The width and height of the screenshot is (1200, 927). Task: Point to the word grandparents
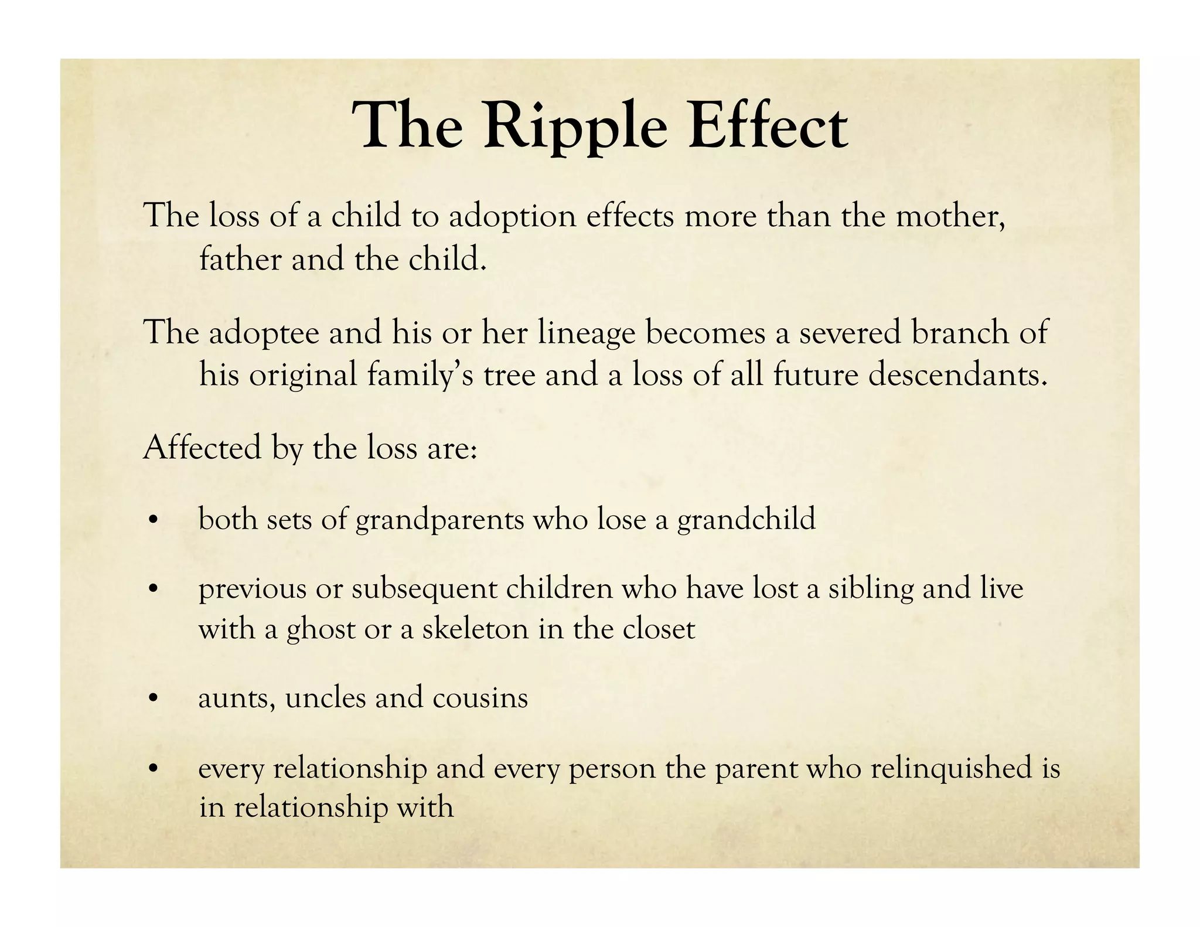(439, 520)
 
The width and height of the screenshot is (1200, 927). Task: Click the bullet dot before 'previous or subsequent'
(153, 589)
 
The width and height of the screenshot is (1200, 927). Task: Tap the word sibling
(871, 589)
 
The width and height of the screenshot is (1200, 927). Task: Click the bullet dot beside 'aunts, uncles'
(153, 699)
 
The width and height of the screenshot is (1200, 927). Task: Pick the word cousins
(480, 698)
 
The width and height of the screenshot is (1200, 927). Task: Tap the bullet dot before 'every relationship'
(153, 769)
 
